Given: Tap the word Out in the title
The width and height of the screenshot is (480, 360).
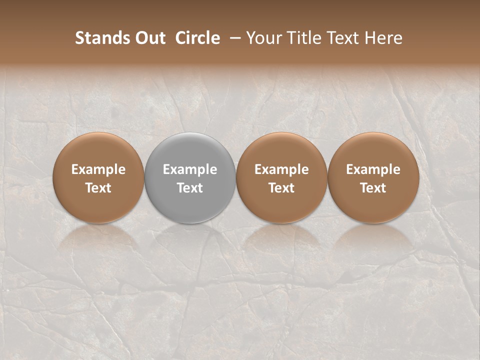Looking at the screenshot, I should pos(148,38).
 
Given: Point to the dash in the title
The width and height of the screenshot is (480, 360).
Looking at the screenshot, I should pos(233,38).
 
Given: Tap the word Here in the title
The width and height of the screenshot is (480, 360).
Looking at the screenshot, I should pos(383,38).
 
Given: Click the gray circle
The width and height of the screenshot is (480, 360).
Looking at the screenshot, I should pos(190,150).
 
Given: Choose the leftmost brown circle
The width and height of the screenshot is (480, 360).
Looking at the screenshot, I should pos(98,150).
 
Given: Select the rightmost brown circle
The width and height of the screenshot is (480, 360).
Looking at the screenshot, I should pos(373,150).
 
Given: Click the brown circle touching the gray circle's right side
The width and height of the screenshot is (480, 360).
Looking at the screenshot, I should pos(281,150).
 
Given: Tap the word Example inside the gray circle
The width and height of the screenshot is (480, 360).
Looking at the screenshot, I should pos(190,169).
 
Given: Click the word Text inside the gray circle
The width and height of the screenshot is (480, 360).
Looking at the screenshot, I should pos(190,188).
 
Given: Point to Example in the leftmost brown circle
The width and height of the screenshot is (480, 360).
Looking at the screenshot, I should pos(98,169).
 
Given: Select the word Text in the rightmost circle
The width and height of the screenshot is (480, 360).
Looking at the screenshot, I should pos(373,188).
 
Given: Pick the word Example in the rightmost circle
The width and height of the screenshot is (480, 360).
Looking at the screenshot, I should pos(373,169).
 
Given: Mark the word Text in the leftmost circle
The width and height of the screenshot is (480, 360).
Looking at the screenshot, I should pos(98,188).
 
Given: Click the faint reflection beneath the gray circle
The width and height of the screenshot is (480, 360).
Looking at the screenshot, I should pos(190,237).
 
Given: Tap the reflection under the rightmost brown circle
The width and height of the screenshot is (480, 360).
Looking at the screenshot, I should pos(373,237).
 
